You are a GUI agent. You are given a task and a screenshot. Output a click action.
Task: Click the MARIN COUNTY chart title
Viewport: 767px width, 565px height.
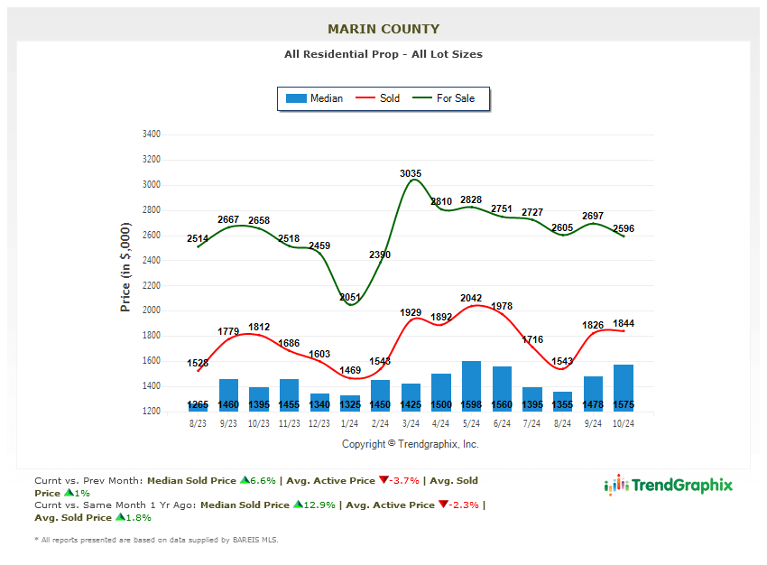click(383, 29)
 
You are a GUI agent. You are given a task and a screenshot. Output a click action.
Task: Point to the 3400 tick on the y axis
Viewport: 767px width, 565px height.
click(151, 134)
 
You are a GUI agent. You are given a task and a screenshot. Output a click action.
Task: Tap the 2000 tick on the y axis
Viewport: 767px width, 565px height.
click(151, 310)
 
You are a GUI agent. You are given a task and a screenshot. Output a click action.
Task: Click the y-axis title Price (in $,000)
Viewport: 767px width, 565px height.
click(125, 268)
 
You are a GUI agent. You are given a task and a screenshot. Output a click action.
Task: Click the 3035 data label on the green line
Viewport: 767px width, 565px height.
click(411, 173)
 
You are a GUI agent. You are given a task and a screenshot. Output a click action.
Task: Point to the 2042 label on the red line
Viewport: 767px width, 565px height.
click(471, 298)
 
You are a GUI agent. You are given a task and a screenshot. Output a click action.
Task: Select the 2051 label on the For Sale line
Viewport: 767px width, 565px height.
click(350, 298)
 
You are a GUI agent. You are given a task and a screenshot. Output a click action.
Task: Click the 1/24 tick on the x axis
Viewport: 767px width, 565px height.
click(350, 422)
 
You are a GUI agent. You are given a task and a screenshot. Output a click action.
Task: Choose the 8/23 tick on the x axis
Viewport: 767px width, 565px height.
click(198, 422)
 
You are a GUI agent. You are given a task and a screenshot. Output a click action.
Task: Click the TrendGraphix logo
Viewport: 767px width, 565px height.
click(669, 486)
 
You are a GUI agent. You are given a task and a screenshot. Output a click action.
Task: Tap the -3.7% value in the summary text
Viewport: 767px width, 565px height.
click(404, 481)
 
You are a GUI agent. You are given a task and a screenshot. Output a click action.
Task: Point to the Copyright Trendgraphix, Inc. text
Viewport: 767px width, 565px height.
click(411, 444)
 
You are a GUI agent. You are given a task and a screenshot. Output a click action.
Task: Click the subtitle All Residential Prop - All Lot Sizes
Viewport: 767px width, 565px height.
click(383, 54)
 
